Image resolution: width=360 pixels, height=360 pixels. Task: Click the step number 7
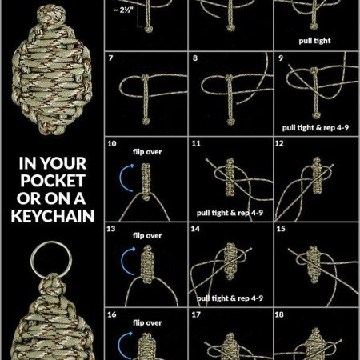pyautogui.click(x=110, y=58)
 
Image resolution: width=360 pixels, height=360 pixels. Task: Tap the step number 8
pyautogui.click(x=195, y=58)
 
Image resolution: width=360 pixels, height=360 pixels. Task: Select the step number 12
pyautogui.click(x=279, y=143)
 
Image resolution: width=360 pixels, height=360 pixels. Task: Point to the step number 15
pyautogui.click(x=281, y=229)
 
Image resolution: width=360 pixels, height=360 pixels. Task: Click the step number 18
pyautogui.click(x=279, y=314)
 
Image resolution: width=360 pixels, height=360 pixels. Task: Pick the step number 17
pyautogui.click(x=196, y=314)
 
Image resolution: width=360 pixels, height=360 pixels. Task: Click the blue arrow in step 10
pyautogui.click(x=126, y=178)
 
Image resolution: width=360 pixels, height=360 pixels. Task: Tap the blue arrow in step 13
pyautogui.click(x=126, y=262)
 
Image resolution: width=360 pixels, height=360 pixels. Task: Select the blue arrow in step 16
pyautogui.click(x=124, y=346)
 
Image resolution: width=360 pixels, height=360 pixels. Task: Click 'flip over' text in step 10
pyautogui.click(x=147, y=152)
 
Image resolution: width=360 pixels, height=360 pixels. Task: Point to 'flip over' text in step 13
pyautogui.click(x=147, y=236)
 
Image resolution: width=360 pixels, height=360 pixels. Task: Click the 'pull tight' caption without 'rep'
pyautogui.click(x=314, y=41)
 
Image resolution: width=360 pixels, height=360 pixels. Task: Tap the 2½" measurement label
pyautogui.click(x=123, y=10)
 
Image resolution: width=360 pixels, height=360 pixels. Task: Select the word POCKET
pyautogui.click(x=53, y=181)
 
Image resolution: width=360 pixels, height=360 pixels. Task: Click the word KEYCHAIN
pyautogui.click(x=53, y=216)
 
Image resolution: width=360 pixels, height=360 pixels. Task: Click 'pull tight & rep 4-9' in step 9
pyautogui.click(x=315, y=128)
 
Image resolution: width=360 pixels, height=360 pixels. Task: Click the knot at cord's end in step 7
pyautogui.click(x=146, y=122)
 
